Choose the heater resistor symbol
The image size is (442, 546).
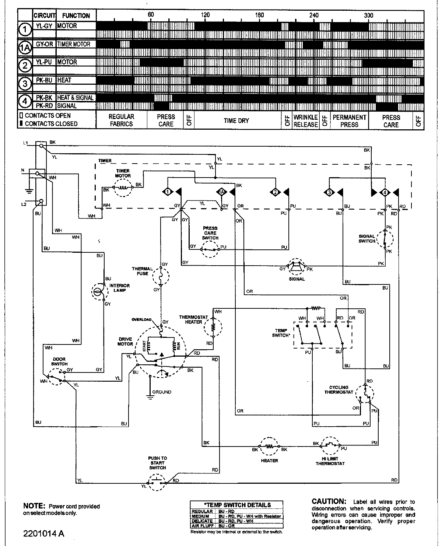coord(269,447)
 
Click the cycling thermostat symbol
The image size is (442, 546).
coord(365,395)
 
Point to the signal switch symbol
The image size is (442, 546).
coord(385,239)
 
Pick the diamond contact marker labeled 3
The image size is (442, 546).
coord(329,192)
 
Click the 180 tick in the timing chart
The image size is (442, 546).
coord(259,15)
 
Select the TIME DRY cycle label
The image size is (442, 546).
coord(236,120)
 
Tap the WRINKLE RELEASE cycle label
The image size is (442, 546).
coord(305,120)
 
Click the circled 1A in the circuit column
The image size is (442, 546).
coord(25,48)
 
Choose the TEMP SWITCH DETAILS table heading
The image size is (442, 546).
coord(237,505)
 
